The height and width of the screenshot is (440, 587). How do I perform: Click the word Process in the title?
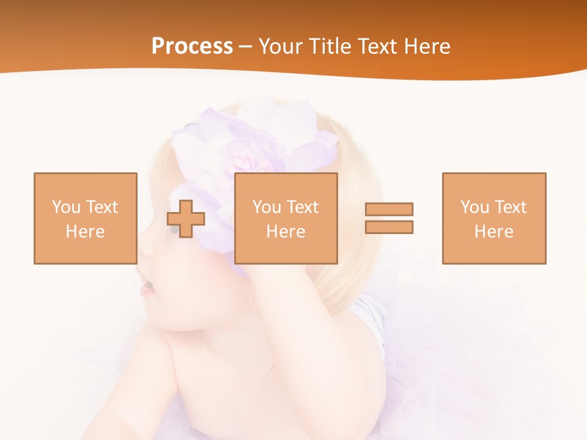pos(192,46)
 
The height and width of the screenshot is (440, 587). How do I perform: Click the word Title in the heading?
pos(328,46)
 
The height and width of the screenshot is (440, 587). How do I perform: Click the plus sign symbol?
pos(186,218)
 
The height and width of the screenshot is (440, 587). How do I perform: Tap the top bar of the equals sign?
pos(389,209)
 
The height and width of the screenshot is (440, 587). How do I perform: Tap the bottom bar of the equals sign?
pos(389,227)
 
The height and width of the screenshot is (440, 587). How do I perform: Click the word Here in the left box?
pos(85,232)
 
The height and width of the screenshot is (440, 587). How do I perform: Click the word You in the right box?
pos(474,207)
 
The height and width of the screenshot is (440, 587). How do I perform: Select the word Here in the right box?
pos(493,232)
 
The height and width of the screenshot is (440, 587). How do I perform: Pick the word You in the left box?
pos(66,207)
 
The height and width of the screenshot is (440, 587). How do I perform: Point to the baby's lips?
pos(147,287)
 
